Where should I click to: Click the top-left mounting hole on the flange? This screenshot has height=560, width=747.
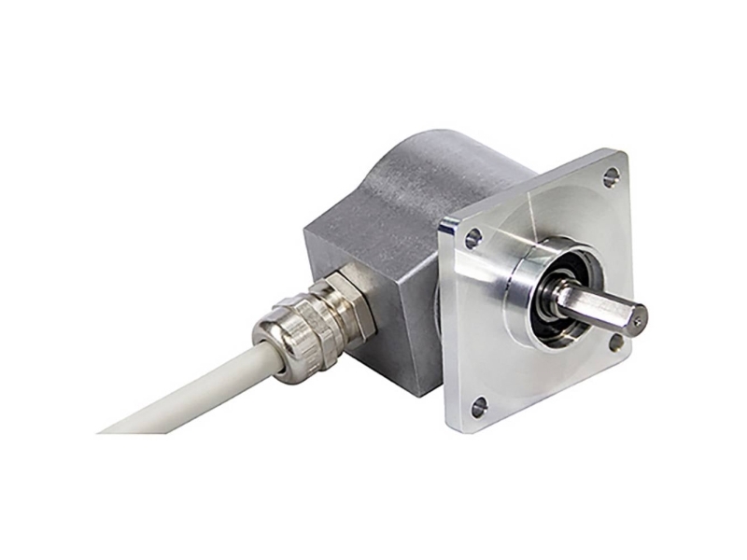[x=472, y=239]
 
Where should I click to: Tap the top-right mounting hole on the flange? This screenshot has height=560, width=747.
[x=612, y=175]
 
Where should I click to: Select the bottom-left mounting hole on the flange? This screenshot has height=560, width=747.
[x=479, y=405]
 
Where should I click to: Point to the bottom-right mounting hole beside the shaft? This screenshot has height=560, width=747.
[x=617, y=343]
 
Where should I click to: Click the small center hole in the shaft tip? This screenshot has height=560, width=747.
[x=638, y=320]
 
